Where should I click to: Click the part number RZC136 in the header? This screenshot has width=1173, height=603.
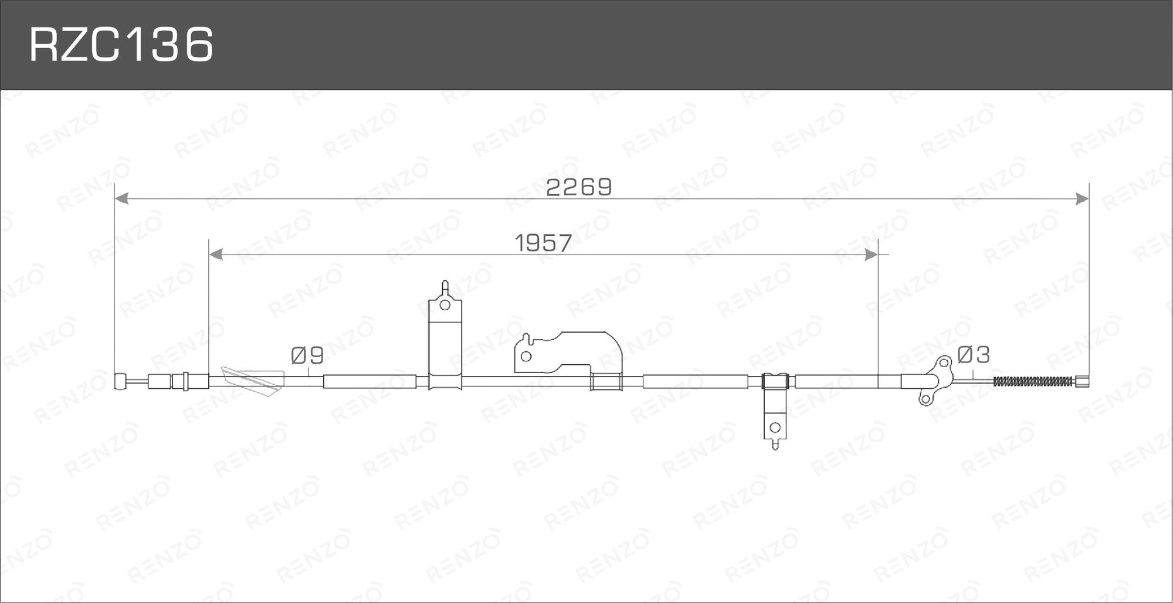(x=121, y=45)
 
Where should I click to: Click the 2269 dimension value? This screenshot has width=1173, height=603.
(x=579, y=188)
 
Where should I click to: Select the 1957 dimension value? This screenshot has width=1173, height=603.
(x=543, y=243)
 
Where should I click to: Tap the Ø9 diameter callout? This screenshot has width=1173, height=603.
(x=307, y=355)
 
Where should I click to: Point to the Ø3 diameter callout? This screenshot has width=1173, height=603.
(x=974, y=354)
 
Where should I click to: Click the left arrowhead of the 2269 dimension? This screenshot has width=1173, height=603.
(x=121, y=199)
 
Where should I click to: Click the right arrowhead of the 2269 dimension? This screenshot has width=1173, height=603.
(x=1082, y=199)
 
